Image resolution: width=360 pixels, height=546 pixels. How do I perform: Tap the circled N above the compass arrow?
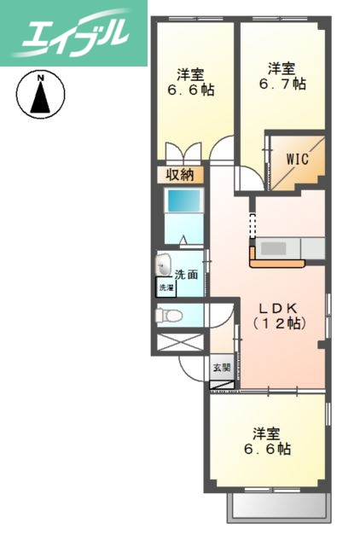point(40,78)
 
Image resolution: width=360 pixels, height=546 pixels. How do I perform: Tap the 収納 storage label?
point(179,174)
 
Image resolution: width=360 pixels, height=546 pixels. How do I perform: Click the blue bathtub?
point(183,202)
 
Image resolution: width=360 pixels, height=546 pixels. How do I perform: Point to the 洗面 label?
point(188,276)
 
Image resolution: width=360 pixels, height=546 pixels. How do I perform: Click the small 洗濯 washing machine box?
point(165,288)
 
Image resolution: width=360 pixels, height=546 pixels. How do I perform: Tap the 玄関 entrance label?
point(221,368)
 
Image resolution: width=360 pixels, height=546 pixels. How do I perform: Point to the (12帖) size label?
point(279,324)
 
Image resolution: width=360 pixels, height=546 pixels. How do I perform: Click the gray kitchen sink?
point(277,248)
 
